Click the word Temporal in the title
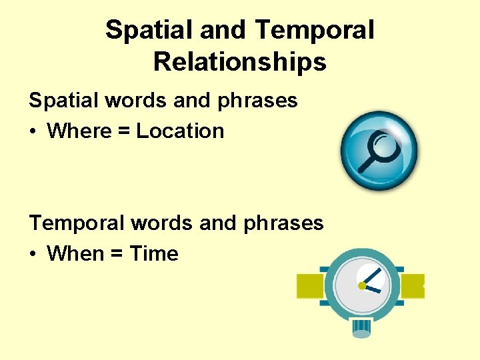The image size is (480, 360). click(314, 30)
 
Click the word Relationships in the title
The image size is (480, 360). click(239, 62)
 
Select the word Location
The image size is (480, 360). click(180, 131)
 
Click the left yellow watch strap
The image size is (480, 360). click(310, 286)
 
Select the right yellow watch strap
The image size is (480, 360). click(413, 285)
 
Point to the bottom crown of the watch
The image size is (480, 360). click(361, 327)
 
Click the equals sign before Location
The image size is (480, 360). click(121, 131)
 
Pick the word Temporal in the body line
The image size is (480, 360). click(77, 223)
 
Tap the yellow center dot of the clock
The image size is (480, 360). click(362, 285)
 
